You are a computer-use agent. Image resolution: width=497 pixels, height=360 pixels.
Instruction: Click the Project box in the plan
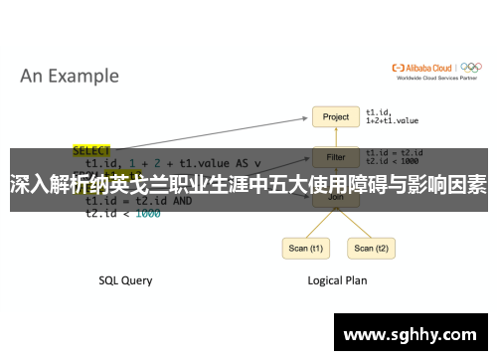(x=336, y=117)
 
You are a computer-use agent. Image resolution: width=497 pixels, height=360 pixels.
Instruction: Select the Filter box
(x=336, y=157)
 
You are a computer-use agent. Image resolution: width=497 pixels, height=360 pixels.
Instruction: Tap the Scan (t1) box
(x=305, y=249)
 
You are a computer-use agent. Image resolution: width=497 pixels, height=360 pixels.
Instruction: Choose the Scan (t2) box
(x=364, y=249)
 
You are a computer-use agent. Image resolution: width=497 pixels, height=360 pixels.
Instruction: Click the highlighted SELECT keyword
(x=92, y=151)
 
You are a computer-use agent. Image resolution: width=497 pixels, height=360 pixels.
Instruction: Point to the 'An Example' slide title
(x=70, y=76)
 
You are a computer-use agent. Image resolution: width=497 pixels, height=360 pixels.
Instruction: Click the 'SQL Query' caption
(x=125, y=280)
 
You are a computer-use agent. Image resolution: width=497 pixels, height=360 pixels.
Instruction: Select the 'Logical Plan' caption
(x=336, y=280)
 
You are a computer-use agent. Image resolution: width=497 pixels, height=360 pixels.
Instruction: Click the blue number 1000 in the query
(x=147, y=214)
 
